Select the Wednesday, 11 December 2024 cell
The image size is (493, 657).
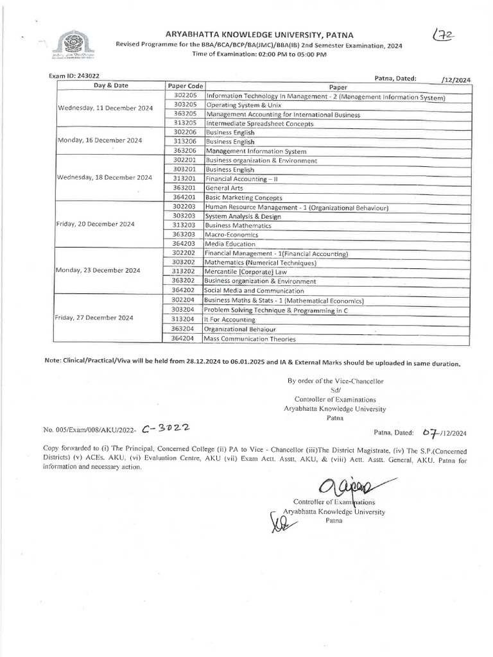click(105, 108)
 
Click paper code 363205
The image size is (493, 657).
click(185, 114)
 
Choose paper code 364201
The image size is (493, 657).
click(185, 198)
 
